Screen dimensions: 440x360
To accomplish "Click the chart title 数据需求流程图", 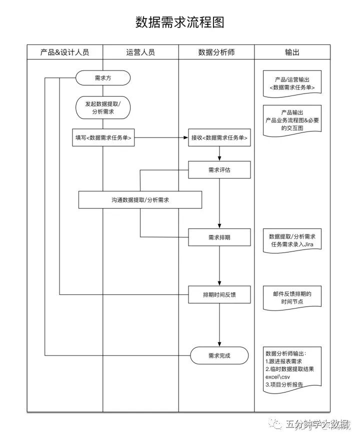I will pos(180,22).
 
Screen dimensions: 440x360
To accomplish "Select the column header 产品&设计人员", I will pos(65,52).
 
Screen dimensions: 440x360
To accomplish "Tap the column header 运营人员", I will pos(140,52).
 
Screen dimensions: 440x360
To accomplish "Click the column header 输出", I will pos(292,52).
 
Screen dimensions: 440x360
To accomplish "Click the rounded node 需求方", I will pos(103,78).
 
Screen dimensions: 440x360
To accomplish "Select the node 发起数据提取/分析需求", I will pos(103,107).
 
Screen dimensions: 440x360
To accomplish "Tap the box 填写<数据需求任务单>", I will pos(103,138).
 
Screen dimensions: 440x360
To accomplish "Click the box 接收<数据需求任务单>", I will pos(219,138).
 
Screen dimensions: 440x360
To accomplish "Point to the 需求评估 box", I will pos(219,170).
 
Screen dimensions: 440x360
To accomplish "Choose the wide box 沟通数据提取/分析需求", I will pos(140,200).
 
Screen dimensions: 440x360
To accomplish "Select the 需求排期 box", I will pos(219,237).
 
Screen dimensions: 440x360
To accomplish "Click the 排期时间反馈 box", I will pos(219,295).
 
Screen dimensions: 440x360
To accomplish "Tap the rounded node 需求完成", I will pos(219,355).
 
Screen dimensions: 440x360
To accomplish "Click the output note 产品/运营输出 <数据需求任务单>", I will pos(292,83).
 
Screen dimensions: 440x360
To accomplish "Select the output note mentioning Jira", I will pos(292,240).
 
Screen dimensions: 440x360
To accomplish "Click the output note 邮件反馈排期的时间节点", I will pos(292,297).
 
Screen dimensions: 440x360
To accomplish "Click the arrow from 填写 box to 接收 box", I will pos(160,138).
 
